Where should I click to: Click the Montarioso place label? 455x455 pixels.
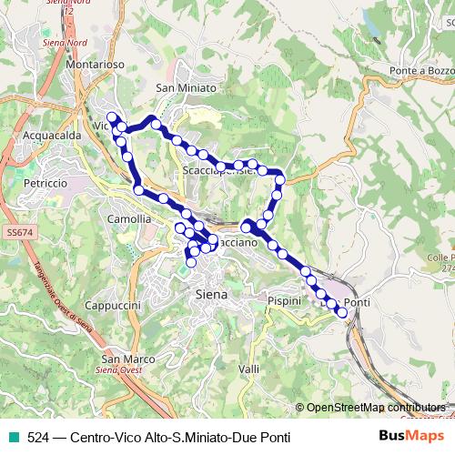95,65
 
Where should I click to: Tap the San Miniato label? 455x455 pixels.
186,87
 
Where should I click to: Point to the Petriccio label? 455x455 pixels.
45,183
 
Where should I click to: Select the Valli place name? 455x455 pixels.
248,369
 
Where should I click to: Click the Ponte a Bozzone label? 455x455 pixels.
420,70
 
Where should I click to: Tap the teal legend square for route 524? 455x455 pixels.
12,438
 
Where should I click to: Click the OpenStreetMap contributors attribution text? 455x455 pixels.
376,408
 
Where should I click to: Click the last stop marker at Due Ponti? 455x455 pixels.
342,313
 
